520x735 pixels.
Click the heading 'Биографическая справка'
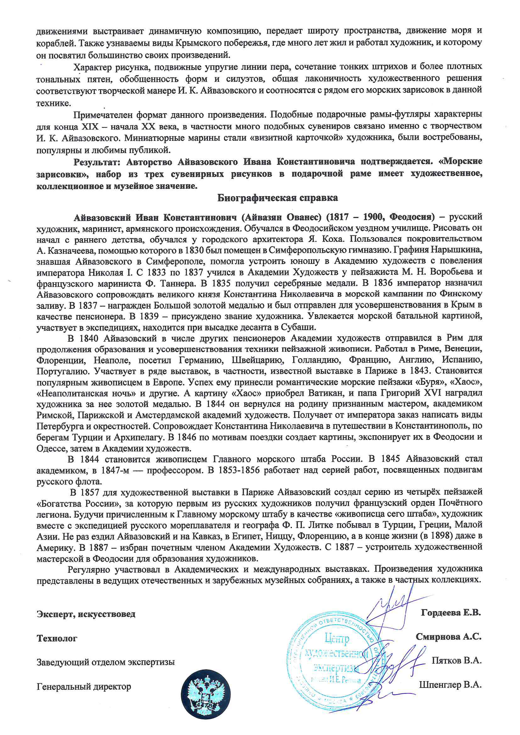[x=277, y=198]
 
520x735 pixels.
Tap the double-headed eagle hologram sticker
[x=205, y=692]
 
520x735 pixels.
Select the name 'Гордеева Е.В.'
[x=451, y=613]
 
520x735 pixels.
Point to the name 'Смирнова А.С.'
[x=448, y=637]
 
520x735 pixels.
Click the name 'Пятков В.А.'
[x=456, y=660]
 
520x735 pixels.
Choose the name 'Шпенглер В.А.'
[x=450, y=685]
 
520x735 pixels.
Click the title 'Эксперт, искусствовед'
[x=86, y=614]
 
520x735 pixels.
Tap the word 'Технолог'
[x=57, y=638]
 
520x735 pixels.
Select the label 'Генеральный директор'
[x=84, y=687]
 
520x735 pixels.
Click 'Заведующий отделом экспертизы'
[x=106, y=662]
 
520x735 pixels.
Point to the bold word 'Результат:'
[x=97, y=162]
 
